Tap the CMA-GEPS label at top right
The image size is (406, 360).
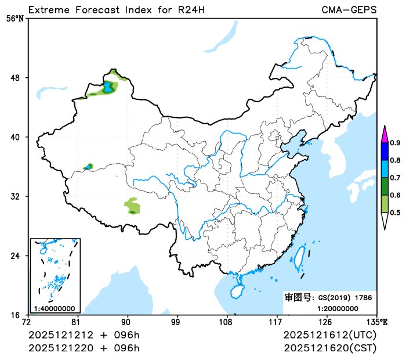point(349,10)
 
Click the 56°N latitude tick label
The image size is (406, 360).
point(16,19)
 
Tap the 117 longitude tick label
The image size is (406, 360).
point(275,322)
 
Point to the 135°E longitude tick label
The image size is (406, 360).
point(377,322)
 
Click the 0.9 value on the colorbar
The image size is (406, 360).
point(394,143)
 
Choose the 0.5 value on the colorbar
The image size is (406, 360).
point(394,213)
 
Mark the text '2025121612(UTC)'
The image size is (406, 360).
point(330,336)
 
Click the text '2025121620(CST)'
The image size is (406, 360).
point(330,348)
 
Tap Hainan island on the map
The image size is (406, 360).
point(237,290)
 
